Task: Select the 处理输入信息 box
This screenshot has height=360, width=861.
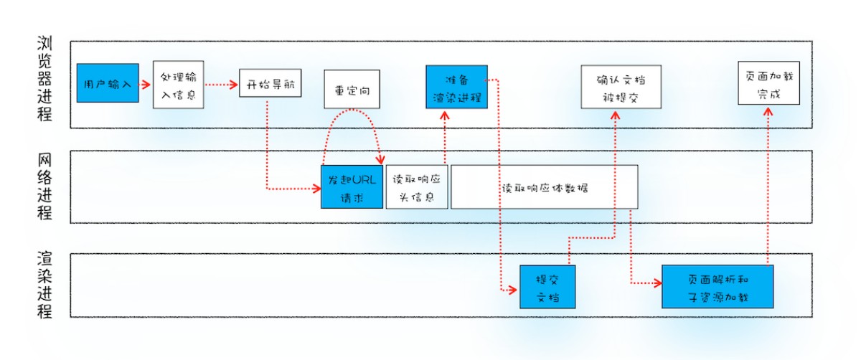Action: [x=179, y=85]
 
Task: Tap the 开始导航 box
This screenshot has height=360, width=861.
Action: [x=270, y=85]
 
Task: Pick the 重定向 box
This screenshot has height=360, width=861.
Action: [x=352, y=91]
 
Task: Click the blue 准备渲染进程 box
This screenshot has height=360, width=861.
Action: [x=456, y=87]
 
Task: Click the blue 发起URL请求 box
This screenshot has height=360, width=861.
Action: [x=352, y=187]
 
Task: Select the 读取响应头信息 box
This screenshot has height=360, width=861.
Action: [x=417, y=187]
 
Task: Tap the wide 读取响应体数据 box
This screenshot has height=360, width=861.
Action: [x=545, y=187]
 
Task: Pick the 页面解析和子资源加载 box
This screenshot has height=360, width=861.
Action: [x=717, y=287]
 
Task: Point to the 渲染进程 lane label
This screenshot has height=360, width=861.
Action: [x=44, y=285]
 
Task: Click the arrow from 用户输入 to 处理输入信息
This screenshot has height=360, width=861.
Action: [x=143, y=84]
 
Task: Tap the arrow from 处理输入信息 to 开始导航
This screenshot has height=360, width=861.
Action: [x=221, y=85]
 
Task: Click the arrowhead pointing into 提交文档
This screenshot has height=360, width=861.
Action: [x=512, y=289]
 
